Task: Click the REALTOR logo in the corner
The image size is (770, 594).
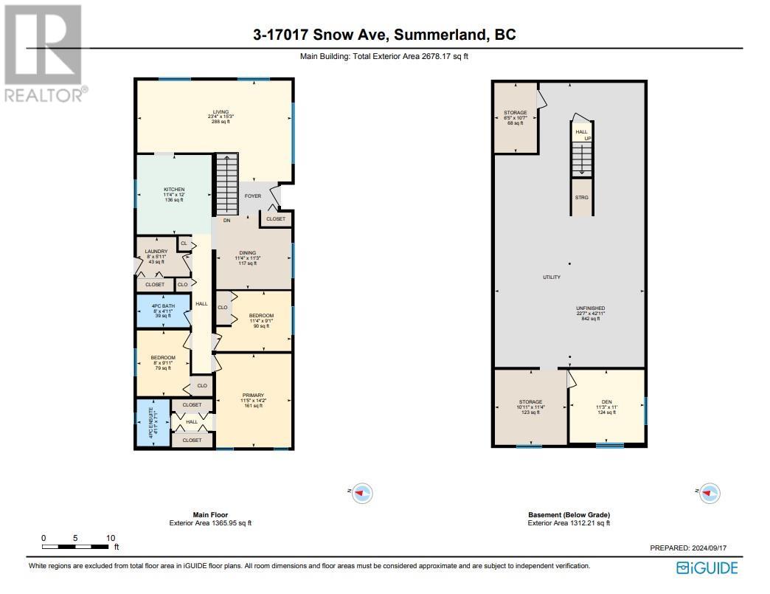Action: (x=44, y=52)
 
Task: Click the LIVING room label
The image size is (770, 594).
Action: (x=216, y=112)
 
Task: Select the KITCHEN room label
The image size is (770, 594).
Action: (x=174, y=190)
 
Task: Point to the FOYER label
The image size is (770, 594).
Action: (x=253, y=196)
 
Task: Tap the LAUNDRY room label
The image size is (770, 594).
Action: (x=156, y=252)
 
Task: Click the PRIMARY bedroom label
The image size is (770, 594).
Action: (x=253, y=395)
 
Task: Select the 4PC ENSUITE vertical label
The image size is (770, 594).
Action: (x=151, y=423)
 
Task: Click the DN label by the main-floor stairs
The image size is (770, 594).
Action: (x=227, y=220)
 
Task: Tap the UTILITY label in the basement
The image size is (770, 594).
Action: (x=551, y=277)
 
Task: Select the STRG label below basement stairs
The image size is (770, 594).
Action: (x=582, y=198)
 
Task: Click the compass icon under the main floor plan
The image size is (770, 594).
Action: (x=362, y=493)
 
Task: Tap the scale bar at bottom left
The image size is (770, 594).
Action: (x=77, y=547)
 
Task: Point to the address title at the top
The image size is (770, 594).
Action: (x=384, y=35)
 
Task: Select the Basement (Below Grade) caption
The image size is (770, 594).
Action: (x=569, y=515)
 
